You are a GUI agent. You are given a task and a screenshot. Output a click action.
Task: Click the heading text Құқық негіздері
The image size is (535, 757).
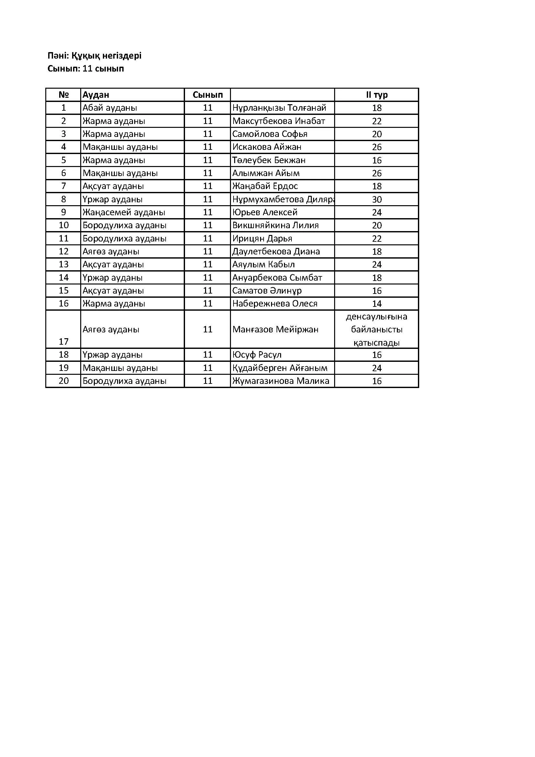pyautogui.click(x=106, y=55)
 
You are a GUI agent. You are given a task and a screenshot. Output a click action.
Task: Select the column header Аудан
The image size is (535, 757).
pyautogui.click(x=95, y=95)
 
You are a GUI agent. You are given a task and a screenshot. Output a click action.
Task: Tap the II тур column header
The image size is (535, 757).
pyautogui.click(x=377, y=95)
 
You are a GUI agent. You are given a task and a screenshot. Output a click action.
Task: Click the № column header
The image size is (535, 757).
pyautogui.click(x=63, y=95)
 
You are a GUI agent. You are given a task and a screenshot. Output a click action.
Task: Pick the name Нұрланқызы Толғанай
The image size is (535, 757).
pyautogui.click(x=279, y=108)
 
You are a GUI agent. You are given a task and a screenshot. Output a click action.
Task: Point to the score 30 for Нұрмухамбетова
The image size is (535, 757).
pyautogui.click(x=377, y=199)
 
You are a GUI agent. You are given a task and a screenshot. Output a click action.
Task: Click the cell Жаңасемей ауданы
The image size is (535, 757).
pyautogui.click(x=124, y=212)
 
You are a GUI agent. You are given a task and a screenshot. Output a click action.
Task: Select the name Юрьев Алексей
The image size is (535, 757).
pyautogui.click(x=265, y=212)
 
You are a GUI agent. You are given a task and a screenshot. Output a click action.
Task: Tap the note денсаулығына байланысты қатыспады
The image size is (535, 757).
pyautogui.click(x=377, y=329)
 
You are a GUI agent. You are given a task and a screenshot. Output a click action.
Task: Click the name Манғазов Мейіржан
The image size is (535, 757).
pyautogui.click(x=275, y=329)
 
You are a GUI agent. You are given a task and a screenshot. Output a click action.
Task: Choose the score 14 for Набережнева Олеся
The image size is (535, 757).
pyautogui.click(x=377, y=304)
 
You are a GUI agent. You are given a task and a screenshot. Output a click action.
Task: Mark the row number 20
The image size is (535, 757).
pyautogui.click(x=63, y=381)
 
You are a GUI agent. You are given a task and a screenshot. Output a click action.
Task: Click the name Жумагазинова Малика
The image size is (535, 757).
pyautogui.click(x=281, y=381)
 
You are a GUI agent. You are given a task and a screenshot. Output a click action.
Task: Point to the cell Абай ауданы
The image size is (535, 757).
pyautogui.click(x=110, y=108)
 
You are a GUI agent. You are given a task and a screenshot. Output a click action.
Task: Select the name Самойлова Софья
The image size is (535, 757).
pyautogui.click(x=269, y=134)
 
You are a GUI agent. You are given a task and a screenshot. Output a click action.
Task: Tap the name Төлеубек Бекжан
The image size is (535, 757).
pyautogui.click(x=269, y=160)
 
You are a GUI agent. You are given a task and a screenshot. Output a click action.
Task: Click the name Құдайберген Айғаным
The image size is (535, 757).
pyautogui.click(x=280, y=368)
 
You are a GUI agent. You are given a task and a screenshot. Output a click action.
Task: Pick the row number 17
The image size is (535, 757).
pyautogui.click(x=63, y=341)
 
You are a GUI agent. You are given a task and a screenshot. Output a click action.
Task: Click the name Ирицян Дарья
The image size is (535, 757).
pyautogui.click(x=262, y=239)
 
